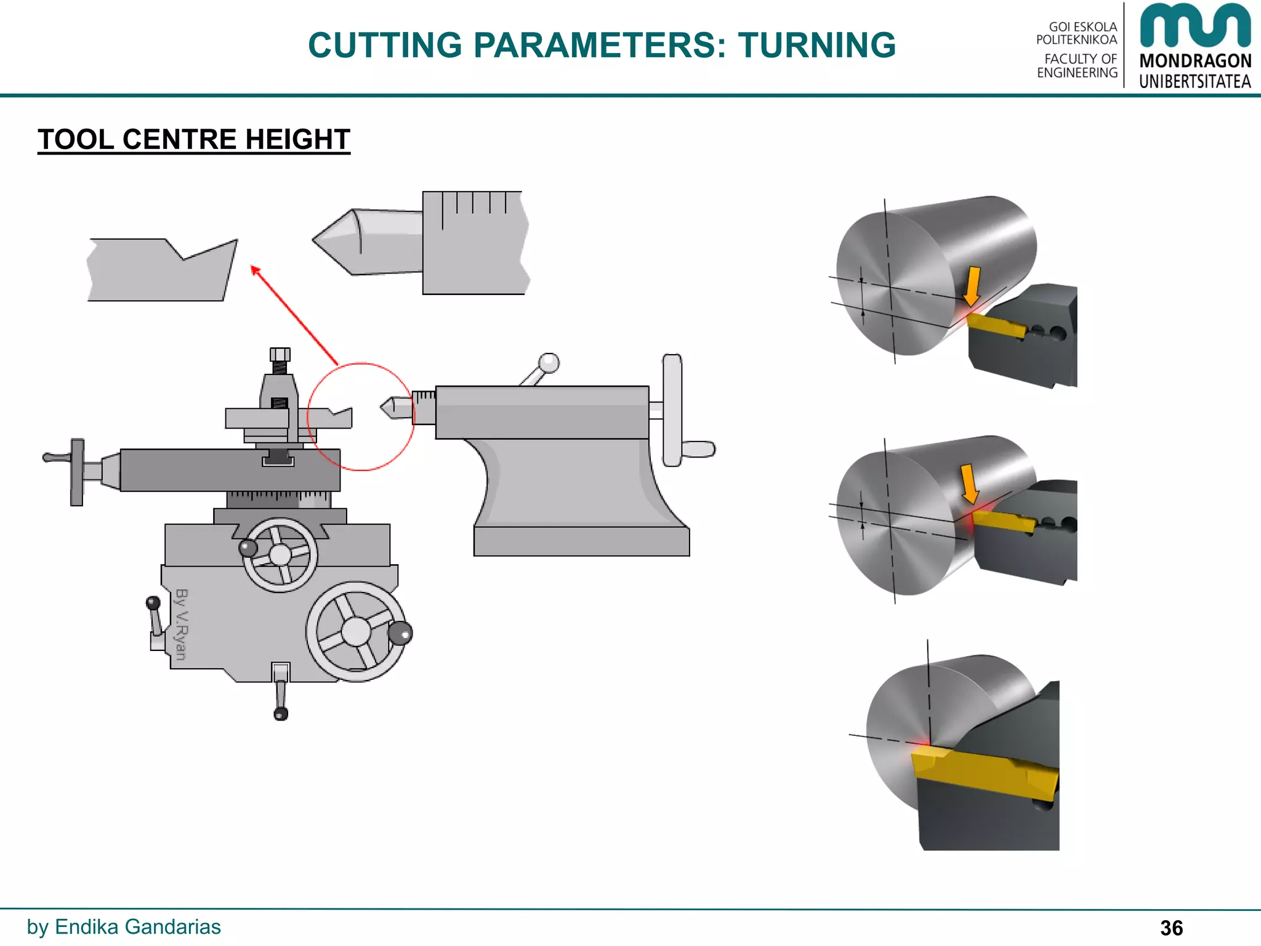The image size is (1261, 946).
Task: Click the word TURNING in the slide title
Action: [816, 46]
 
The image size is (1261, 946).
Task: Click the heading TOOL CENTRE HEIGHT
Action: [194, 140]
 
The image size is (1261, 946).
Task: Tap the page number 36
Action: [1171, 928]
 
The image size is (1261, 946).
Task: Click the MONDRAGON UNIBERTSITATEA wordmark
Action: [1195, 70]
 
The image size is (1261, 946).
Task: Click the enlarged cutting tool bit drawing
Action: [160, 271]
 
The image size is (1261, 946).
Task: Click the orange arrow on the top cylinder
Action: [972, 286]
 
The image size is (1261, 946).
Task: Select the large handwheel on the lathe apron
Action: [356, 631]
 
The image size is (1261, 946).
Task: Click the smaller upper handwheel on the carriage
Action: [280, 554]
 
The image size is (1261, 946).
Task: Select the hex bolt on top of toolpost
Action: [280, 355]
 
